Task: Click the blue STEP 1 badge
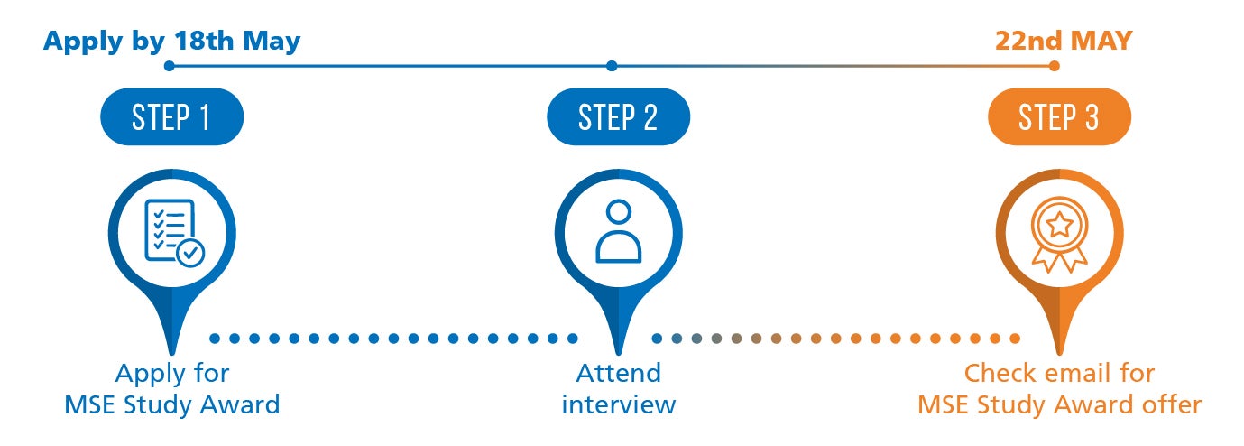pos(171,116)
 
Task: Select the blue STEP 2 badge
pos(618,116)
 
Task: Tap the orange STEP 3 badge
pos(1059,116)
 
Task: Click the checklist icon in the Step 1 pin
pos(174,233)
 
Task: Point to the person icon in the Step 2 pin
pos(618,231)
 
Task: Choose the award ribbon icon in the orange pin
pos(1059,234)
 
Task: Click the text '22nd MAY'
pos(1063,41)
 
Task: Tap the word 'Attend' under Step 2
pos(618,373)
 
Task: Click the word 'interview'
pos(618,404)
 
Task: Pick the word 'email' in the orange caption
pos(1073,373)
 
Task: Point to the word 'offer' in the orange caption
pos(1172,404)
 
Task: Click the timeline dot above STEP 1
pos(170,66)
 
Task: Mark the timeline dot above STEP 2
pos(612,66)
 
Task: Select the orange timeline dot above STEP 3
pos(1054,66)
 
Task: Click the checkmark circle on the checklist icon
pos(190,253)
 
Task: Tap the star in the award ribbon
pos(1059,225)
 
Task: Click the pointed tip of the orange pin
pos(1059,354)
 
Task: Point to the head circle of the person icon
pos(618,212)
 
